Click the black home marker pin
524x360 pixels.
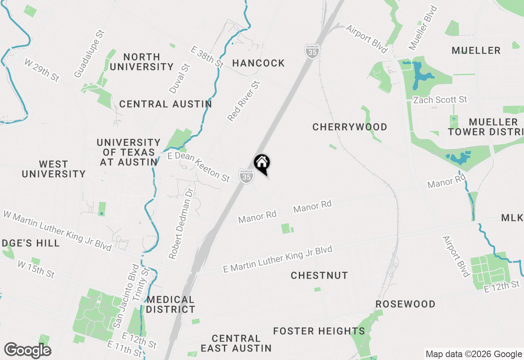[x=262, y=164]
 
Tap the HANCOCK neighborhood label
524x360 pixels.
[x=258, y=63]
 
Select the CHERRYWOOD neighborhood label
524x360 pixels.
[x=350, y=127]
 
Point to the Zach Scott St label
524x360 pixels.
[x=440, y=100]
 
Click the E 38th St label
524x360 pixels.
[x=208, y=56]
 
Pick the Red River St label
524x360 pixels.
[x=244, y=101]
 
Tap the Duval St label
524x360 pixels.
[x=180, y=79]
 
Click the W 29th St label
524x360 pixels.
[x=41, y=70]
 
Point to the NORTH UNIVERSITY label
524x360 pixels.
[x=142, y=62]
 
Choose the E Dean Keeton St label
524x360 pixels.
[x=199, y=166]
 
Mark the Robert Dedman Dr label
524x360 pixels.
[x=181, y=223]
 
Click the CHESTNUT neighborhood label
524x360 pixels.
[x=319, y=275]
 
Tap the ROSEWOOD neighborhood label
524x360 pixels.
[x=405, y=304]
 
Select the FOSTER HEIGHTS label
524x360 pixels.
[x=319, y=331]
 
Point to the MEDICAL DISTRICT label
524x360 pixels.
[x=170, y=304]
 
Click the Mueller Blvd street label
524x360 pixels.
[x=423, y=28]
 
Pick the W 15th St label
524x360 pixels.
[x=36, y=269]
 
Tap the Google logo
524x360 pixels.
[x=27, y=351]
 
